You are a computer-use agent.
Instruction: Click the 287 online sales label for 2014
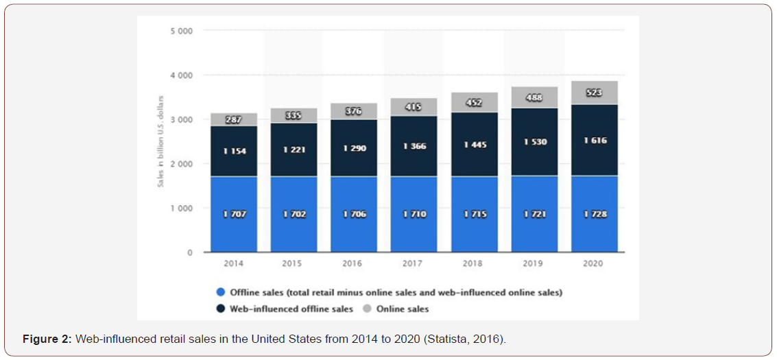(x=234, y=120)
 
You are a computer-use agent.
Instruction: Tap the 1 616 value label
(x=594, y=141)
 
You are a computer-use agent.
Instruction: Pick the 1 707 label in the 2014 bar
(x=234, y=215)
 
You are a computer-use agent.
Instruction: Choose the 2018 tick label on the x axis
(x=474, y=263)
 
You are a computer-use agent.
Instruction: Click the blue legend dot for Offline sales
(x=219, y=293)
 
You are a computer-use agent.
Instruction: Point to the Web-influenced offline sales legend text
(x=291, y=309)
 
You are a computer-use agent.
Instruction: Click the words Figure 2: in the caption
(x=47, y=339)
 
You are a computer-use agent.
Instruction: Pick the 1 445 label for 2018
(x=474, y=146)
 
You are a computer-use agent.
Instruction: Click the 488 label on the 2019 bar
(x=534, y=98)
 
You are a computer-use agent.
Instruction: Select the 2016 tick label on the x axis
(x=354, y=263)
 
